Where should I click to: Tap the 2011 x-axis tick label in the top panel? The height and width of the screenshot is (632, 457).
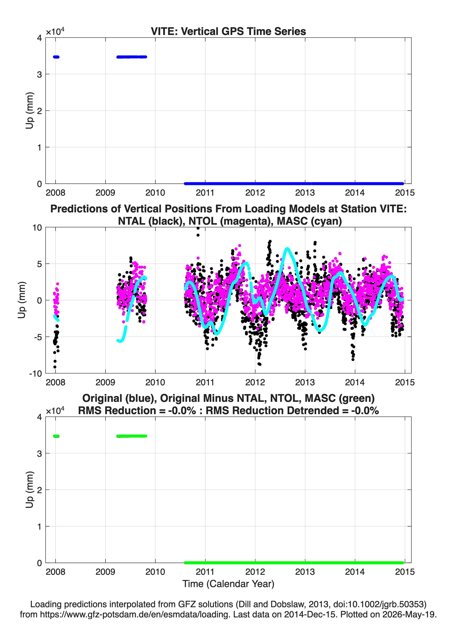[x=205, y=193]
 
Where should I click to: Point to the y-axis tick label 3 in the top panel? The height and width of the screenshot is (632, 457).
[x=39, y=74]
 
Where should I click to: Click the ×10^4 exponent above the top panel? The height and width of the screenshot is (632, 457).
[x=55, y=31]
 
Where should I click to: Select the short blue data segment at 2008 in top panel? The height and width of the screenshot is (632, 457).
[x=56, y=57]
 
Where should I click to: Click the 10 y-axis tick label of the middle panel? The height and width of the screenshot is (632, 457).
[x=37, y=228]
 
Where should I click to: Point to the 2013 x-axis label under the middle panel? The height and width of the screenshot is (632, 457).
[x=305, y=382]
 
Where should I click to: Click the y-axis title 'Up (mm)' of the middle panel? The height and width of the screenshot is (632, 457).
[x=22, y=300]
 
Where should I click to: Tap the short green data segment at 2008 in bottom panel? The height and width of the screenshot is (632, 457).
[x=56, y=436]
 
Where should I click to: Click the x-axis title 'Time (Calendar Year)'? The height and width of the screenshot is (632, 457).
[x=228, y=584]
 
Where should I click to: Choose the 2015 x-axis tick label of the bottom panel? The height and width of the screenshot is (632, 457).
[x=405, y=572]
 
